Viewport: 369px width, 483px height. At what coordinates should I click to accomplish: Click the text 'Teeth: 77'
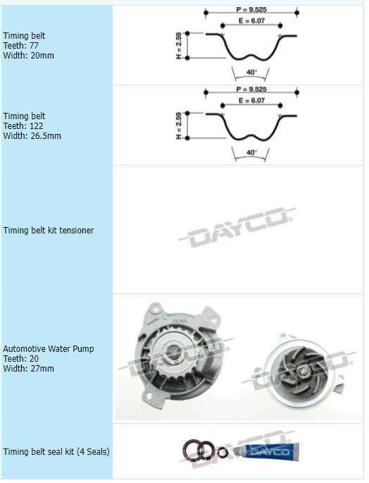[21, 46]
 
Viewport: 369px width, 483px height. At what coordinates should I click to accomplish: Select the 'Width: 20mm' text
[29, 56]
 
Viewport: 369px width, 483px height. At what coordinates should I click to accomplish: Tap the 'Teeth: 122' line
[23, 126]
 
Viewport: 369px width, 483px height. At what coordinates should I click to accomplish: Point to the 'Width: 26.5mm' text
[32, 136]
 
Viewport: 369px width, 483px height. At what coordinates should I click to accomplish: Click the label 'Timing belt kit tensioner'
[49, 231]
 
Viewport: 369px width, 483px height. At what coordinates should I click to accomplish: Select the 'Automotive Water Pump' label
[49, 349]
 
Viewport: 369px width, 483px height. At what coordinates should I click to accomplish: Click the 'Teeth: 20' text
[21, 359]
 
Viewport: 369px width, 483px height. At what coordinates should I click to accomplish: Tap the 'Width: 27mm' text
[29, 369]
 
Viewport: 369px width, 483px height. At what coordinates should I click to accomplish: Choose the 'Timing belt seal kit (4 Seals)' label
[56, 452]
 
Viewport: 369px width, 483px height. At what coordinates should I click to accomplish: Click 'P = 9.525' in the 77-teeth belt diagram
[251, 10]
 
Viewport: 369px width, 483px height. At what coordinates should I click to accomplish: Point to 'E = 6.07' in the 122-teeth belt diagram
[251, 100]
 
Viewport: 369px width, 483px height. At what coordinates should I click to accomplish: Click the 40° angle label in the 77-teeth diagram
[251, 72]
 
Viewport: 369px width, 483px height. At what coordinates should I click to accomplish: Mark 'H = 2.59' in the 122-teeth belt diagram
[179, 126]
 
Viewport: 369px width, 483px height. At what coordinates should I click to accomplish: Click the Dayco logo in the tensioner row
[237, 226]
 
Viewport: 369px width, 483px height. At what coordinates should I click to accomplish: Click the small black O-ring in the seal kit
[223, 453]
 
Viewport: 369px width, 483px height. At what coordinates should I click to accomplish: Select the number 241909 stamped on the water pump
[180, 321]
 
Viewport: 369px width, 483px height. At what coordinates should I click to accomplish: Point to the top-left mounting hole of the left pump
[156, 307]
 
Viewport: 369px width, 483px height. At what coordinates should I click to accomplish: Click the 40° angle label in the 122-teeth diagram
[251, 152]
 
